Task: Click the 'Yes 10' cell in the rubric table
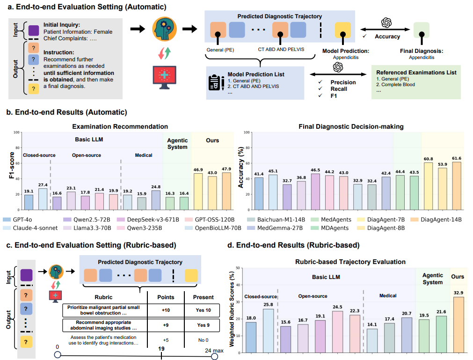coord(203,310)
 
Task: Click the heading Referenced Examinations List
coord(416,73)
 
